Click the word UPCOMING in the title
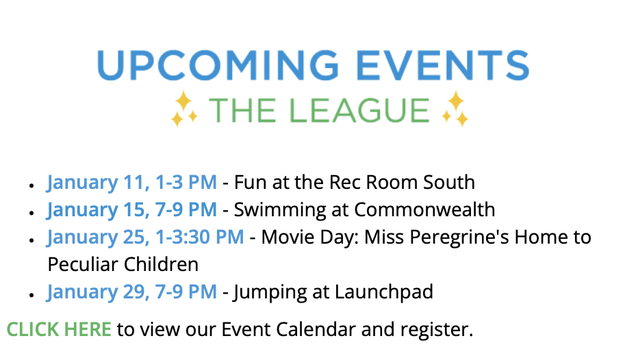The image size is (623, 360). (218, 65)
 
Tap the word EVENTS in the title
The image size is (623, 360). (443, 65)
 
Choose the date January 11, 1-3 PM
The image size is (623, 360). (132, 183)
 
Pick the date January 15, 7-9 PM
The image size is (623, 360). (132, 210)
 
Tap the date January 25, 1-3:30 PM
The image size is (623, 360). (145, 237)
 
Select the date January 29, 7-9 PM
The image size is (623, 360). (132, 292)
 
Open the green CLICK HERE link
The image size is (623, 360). (59, 329)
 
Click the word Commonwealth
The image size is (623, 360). (424, 210)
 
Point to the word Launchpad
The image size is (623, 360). (384, 292)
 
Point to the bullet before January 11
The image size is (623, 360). (31, 185)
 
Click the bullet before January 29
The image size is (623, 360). (31, 294)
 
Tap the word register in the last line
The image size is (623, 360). (437, 330)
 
